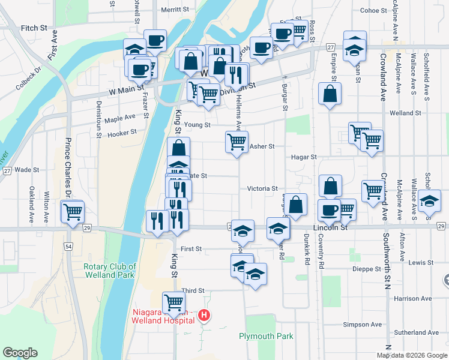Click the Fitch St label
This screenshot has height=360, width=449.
click(x=34, y=28)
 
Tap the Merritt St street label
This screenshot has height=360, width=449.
click(x=175, y=10)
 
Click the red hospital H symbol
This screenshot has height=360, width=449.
click(x=204, y=314)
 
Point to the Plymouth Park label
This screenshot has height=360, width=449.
click(x=267, y=336)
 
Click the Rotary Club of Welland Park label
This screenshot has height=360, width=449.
click(x=110, y=271)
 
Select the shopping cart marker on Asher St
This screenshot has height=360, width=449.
click(x=237, y=142)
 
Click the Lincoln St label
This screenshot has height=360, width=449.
click(x=331, y=228)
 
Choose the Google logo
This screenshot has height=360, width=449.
click(x=20, y=353)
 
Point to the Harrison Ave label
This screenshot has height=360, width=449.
click(x=413, y=298)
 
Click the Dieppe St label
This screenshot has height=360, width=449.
click(x=366, y=269)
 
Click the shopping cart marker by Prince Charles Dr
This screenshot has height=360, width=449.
click(x=73, y=211)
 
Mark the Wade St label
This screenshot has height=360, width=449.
click(x=27, y=170)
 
